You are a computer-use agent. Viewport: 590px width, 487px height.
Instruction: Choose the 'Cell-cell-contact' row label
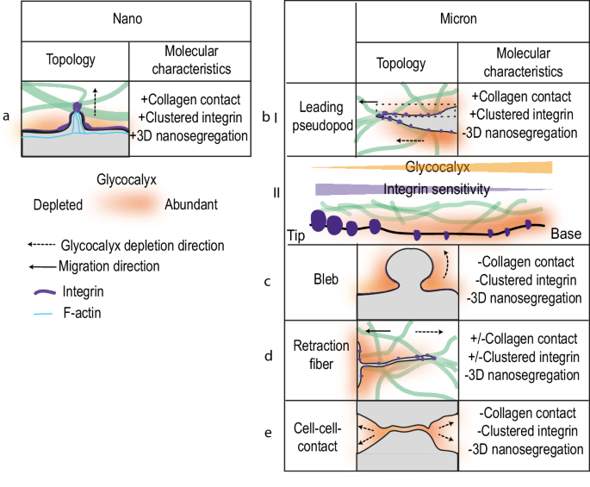coord(320,435)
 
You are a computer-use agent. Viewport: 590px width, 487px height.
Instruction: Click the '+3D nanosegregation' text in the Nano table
coord(189,135)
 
